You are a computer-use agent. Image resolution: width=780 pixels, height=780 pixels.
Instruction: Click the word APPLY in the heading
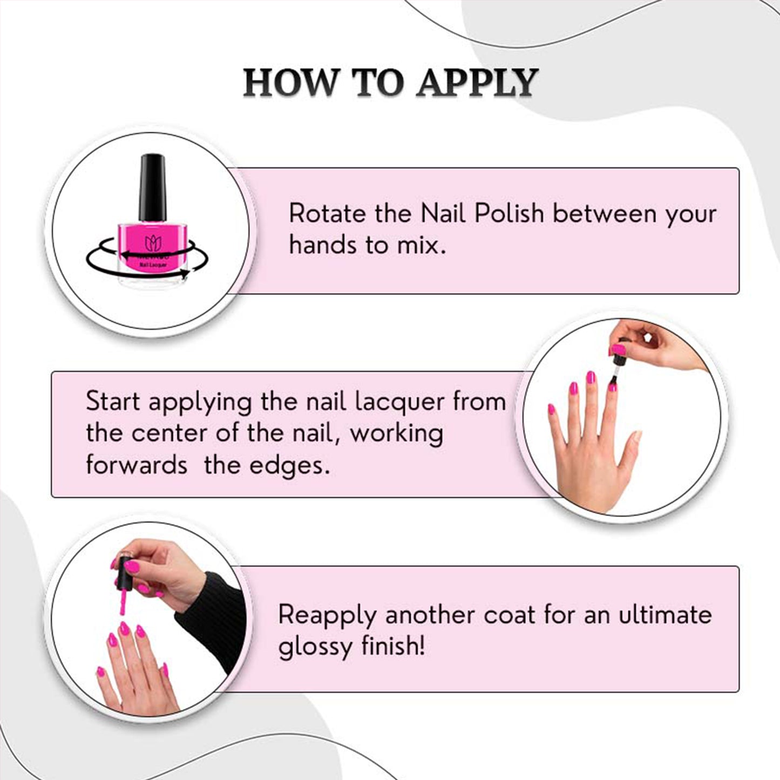[477, 83]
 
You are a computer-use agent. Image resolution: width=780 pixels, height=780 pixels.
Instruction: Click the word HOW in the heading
[290, 83]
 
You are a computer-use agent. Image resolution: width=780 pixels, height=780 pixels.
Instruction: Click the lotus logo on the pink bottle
[153, 243]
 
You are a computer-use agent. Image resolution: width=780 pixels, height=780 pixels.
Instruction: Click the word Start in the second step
[113, 402]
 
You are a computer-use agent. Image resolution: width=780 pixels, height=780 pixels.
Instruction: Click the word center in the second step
[169, 434]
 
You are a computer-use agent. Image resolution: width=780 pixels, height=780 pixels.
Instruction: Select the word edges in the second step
[287, 466]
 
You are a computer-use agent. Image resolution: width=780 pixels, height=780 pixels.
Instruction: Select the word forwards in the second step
[137, 465]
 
